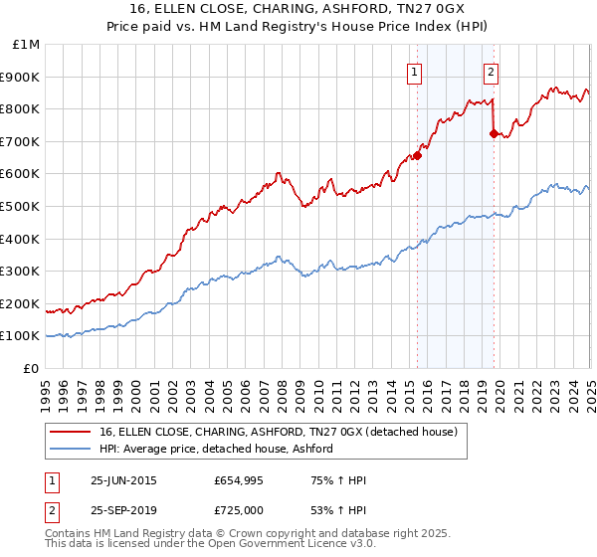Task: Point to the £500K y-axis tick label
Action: (x=21, y=207)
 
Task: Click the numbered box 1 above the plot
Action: (x=413, y=71)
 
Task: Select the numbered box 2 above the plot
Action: (x=492, y=71)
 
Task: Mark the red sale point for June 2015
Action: (x=418, y=155)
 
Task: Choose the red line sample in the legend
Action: (x=70, y=432)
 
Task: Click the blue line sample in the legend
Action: (x=70, y=449)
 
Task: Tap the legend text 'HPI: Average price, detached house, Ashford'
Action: (x=216, y=449)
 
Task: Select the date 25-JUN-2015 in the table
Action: (x=123, y=480)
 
